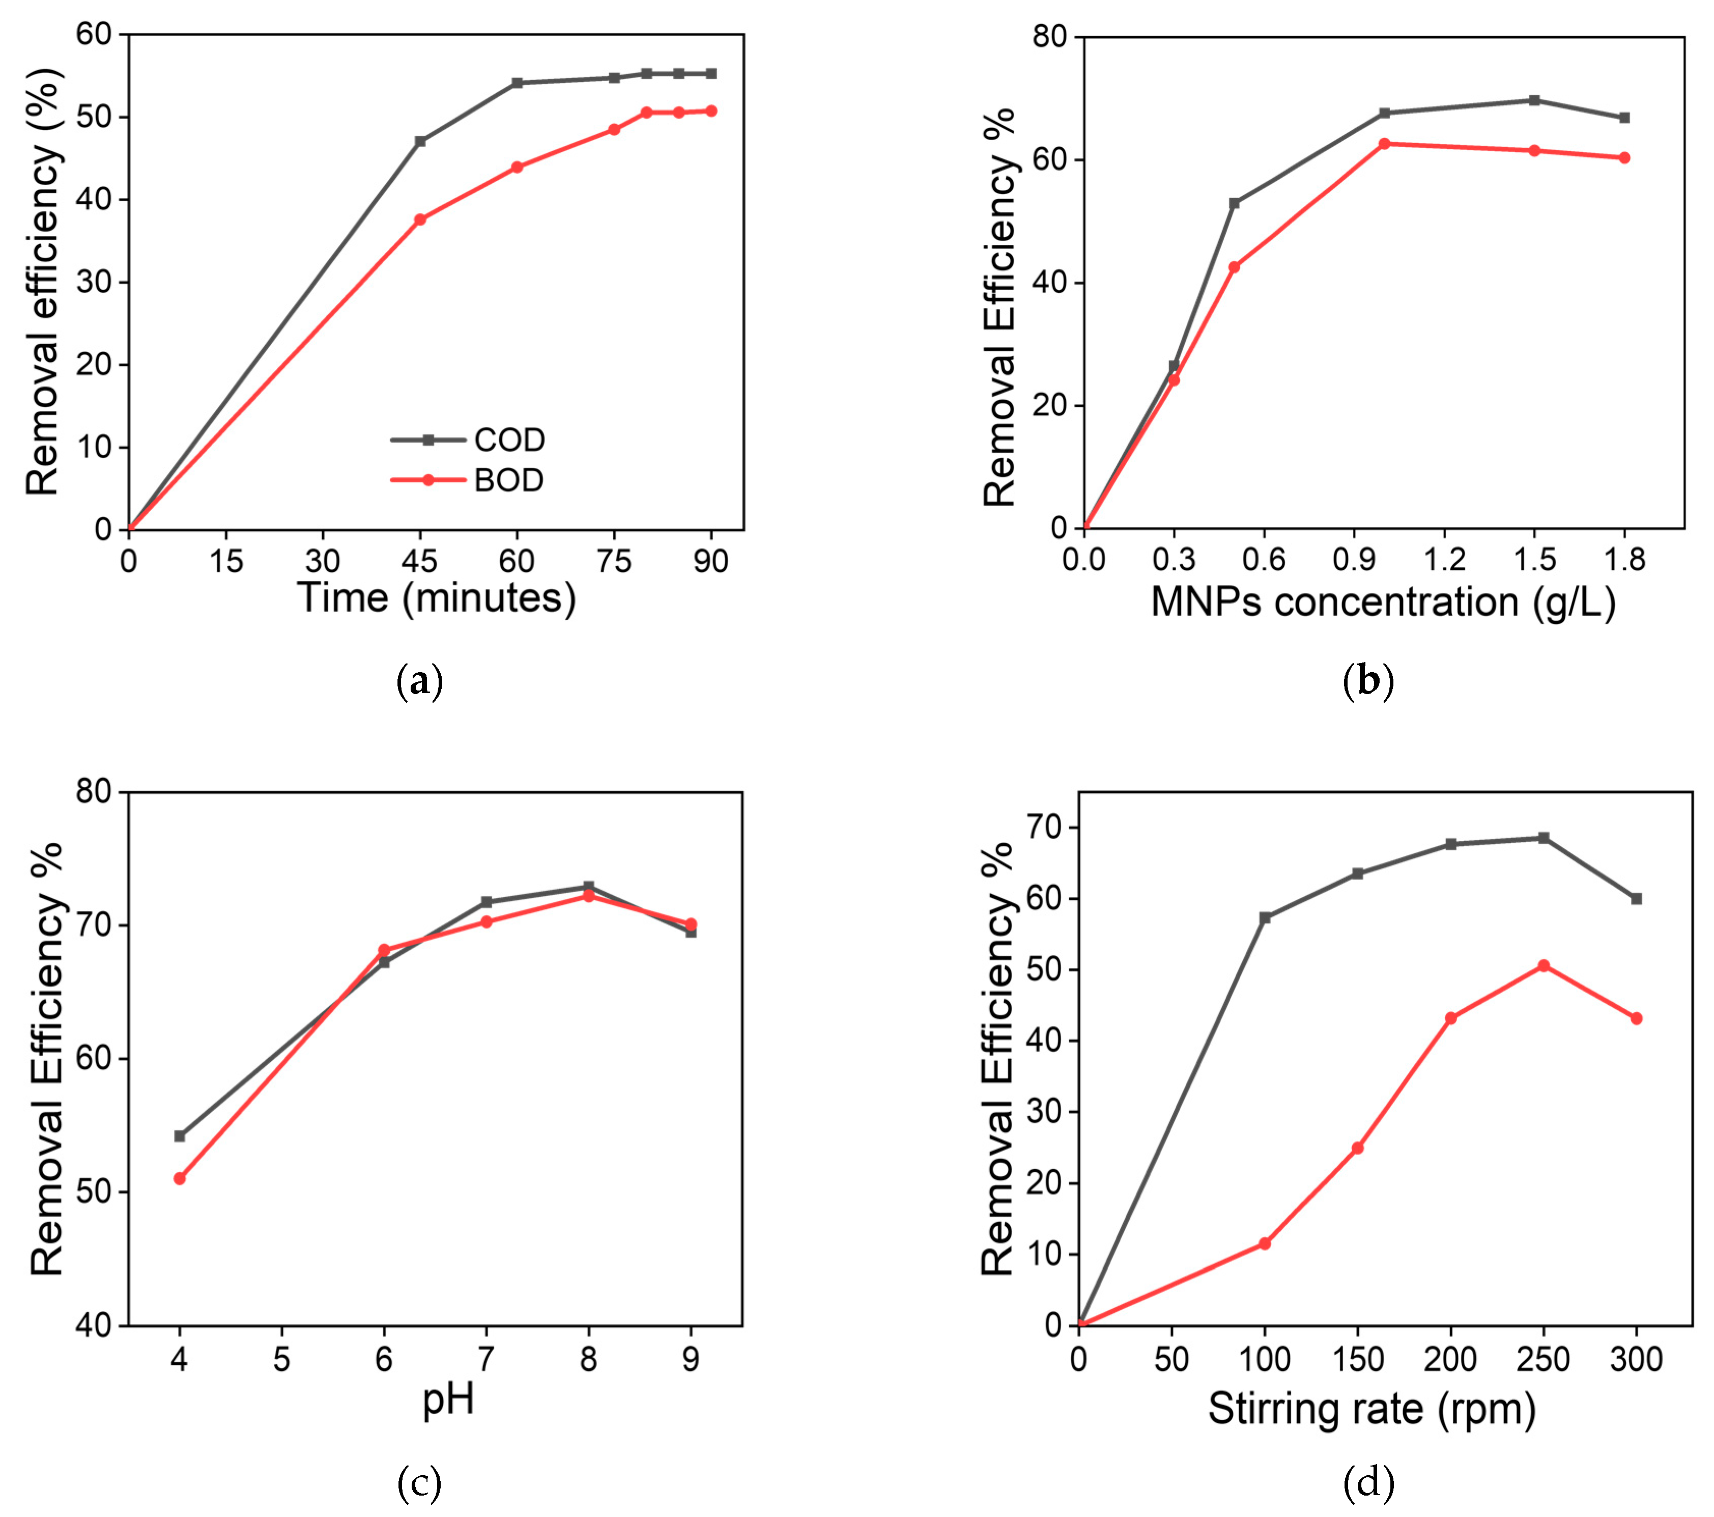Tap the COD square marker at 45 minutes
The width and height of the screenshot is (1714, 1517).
coord(420,141)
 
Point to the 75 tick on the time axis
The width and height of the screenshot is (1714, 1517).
coord(614,561)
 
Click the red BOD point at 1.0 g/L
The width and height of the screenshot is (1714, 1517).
coord(1384,144)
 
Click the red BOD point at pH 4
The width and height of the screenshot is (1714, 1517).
coord(180,1178)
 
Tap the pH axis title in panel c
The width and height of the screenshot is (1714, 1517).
coord(448,1399)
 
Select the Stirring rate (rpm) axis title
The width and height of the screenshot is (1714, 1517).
coord(1372,1409)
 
